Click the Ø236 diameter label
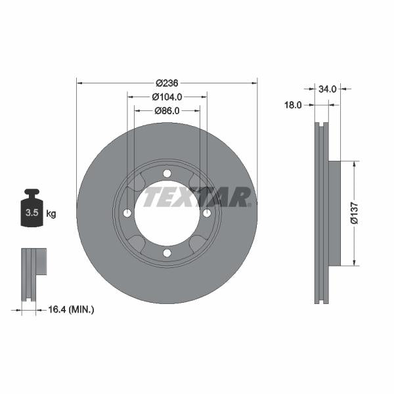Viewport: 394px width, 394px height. click(167, 83)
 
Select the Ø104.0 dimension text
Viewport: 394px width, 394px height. click(167, 97)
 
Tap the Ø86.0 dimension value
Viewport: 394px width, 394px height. click(167, 110)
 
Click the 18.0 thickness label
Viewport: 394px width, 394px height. click(292, 104)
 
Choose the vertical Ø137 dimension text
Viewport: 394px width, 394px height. click(354, 213)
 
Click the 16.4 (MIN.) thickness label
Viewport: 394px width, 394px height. click(72, 309)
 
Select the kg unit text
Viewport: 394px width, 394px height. click(51, 213)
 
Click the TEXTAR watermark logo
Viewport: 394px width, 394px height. click(197, 197)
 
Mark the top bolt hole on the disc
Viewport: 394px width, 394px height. click(167, 173)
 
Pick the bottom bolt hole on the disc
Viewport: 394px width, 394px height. click(167, 253)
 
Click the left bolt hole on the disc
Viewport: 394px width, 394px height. click(127, 213)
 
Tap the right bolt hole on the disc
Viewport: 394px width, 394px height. click(207, 213)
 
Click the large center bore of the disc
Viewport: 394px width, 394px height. click(167, 213)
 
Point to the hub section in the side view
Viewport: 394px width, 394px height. click(334, 213)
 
